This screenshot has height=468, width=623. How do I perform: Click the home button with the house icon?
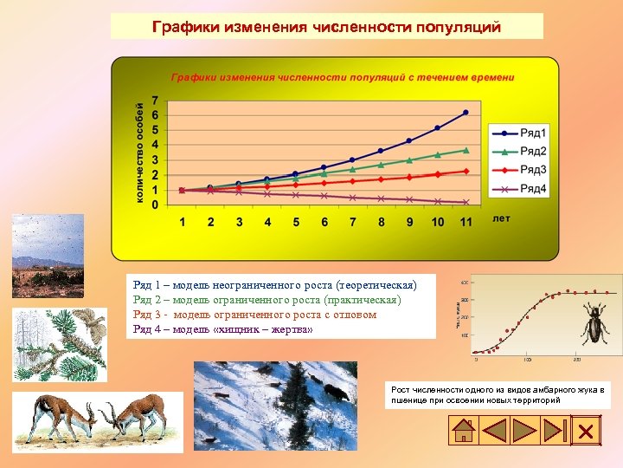(464, 431)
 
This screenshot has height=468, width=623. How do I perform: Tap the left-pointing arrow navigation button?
(495, 431)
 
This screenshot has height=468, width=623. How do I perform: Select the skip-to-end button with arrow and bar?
(555, 431)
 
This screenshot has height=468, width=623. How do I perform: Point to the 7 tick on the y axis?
(154, 100)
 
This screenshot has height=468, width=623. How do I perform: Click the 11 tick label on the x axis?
(466, 223)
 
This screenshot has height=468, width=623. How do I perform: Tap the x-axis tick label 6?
(324, 223)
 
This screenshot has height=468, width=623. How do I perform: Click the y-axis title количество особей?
(138, 153)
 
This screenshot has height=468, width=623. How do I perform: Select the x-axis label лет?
(501, 218)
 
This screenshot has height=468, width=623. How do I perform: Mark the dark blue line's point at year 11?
(466, 113)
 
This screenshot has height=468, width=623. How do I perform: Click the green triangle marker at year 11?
(466, 150)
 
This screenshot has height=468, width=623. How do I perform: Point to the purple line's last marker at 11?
(466, 202)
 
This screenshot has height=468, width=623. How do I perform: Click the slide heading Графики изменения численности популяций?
(326, 27)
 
